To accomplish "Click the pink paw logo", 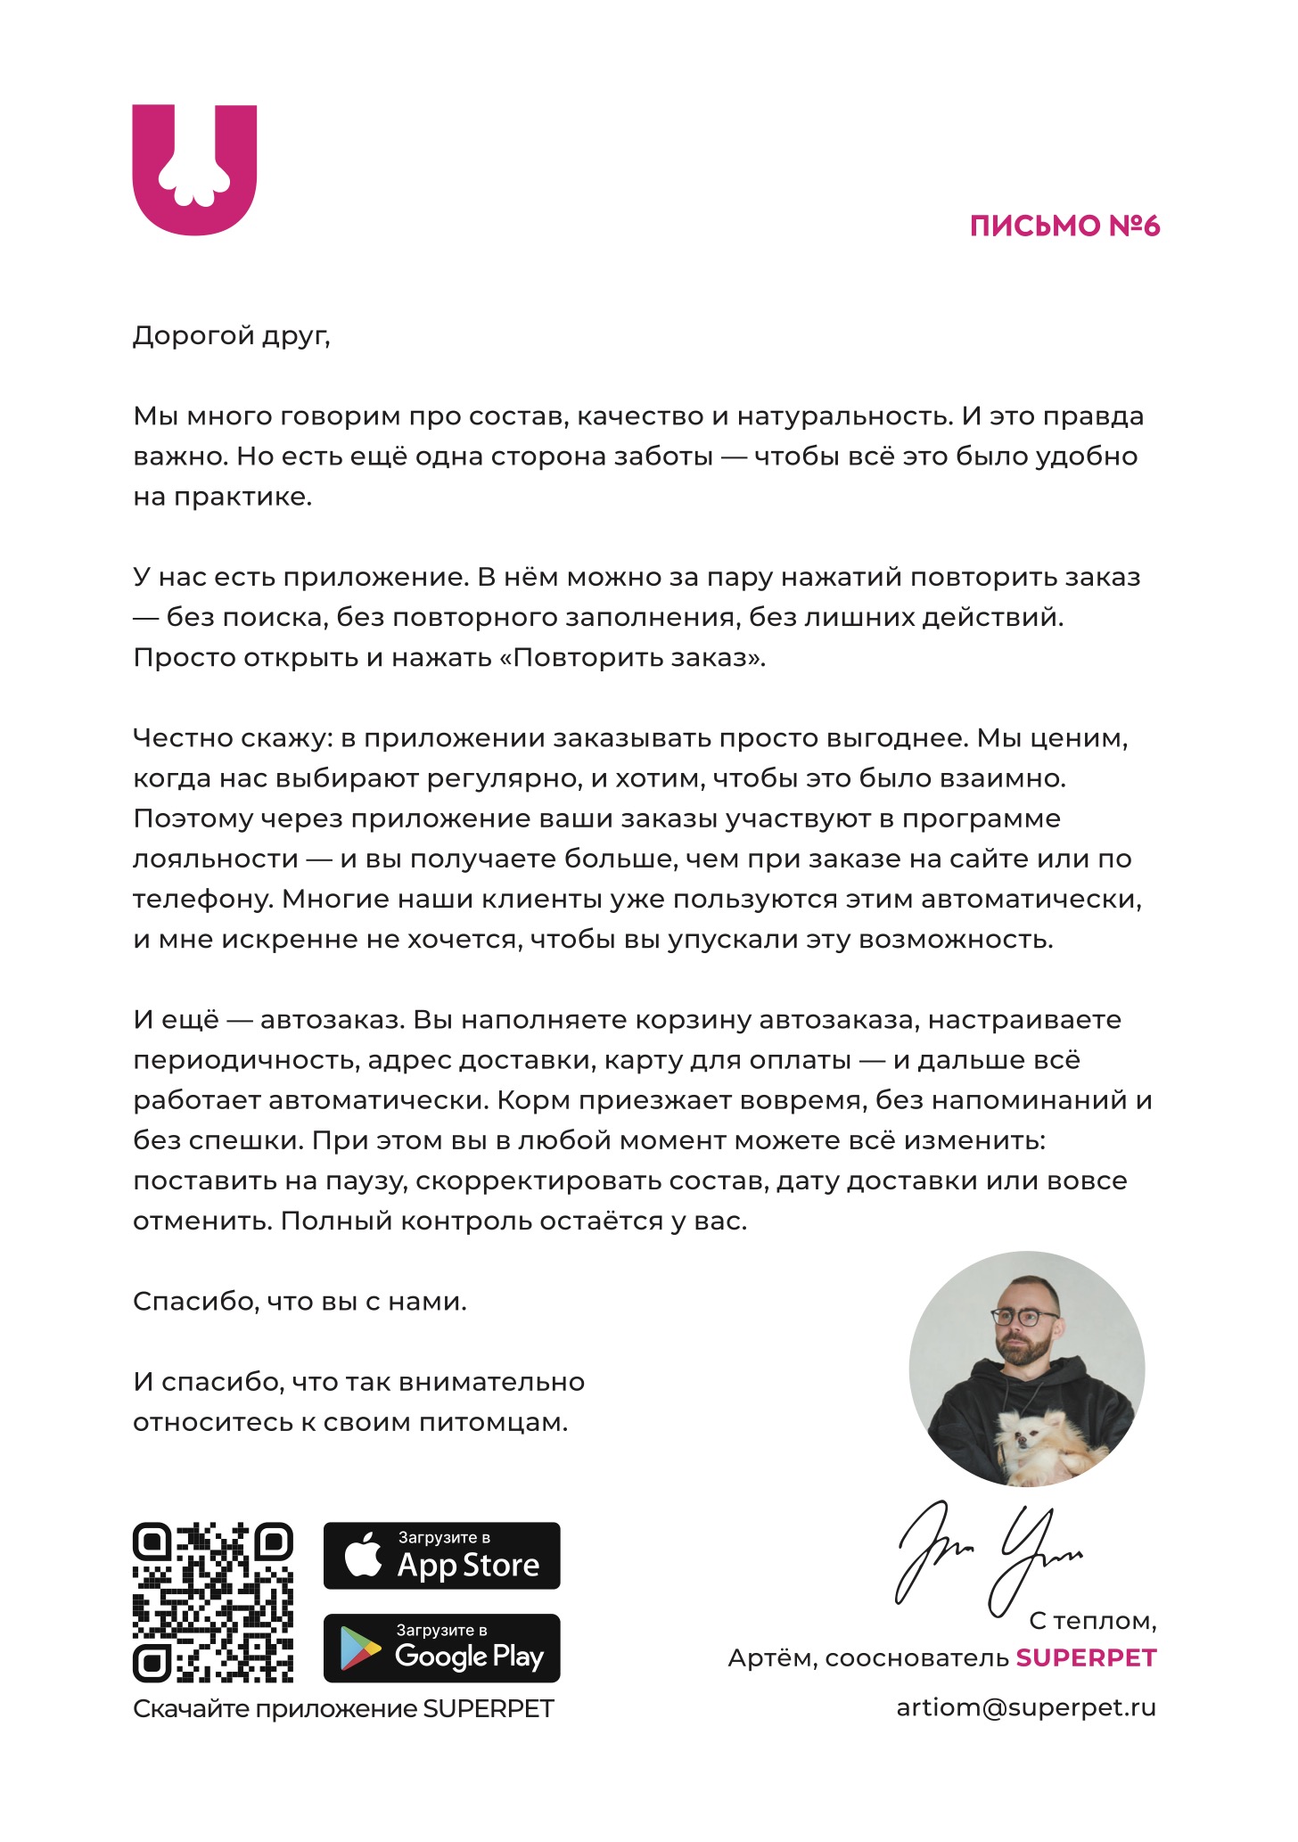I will (194, 169).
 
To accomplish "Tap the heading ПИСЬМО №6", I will (1064, 226).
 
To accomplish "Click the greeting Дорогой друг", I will (231, 336).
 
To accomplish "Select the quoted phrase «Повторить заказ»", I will (639, 658).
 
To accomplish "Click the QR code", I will (213, 1602).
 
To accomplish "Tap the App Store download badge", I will (441, 1556).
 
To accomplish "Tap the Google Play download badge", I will (441, 1649).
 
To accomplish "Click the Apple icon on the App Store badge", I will (363, 1556).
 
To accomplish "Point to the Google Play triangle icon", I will (360, 1649).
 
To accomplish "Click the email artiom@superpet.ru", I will (1025, 1707).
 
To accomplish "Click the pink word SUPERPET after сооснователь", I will (1086, 1657).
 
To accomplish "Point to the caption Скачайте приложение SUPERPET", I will (343, 1708).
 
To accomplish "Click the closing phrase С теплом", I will (1092, 1620).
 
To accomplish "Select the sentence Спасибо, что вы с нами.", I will (300, 1302).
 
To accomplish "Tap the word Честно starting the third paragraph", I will (181, 738).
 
